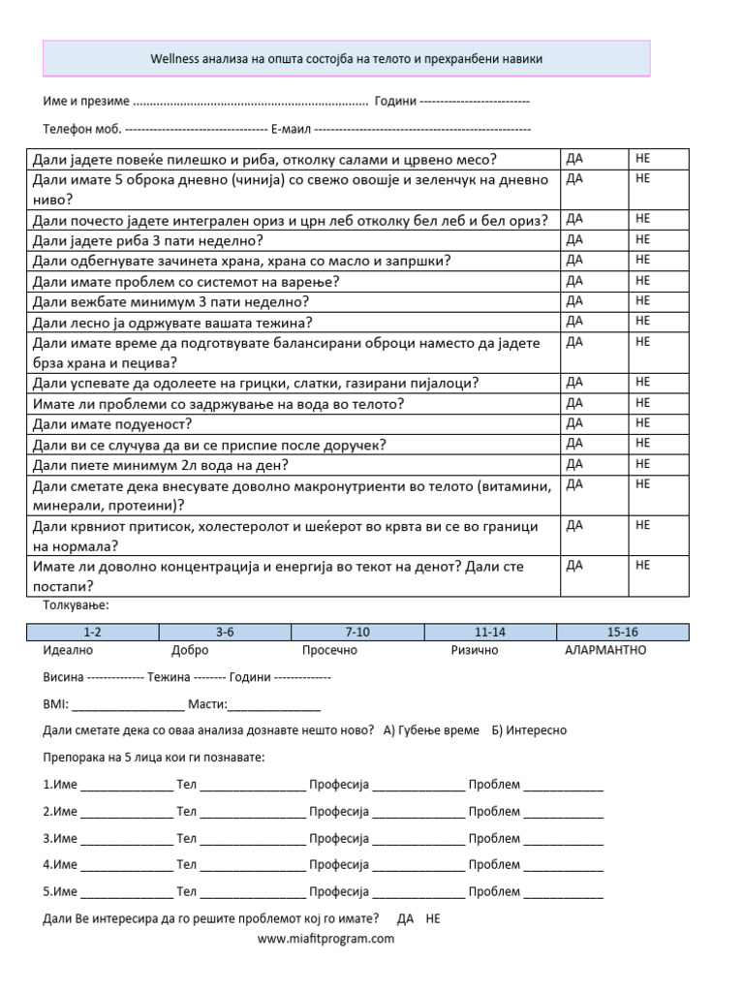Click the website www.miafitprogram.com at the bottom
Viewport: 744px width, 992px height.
tap(325, 938)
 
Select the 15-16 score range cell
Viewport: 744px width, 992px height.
tap(622, 632)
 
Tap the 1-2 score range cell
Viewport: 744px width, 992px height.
tap(93, 632)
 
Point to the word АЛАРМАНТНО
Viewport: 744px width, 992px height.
tap(605, 650)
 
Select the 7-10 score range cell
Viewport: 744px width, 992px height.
tap(357, 632)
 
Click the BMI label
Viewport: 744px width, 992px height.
tap(56, 703)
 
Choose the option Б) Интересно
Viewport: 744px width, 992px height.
tap(529, 730)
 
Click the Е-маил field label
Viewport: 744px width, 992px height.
tap(291, 129)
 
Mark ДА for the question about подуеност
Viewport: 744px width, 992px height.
tap(573, 423)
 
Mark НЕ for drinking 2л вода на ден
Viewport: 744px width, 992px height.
tap(642, 464)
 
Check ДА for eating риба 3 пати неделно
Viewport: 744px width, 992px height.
tap(573, 239)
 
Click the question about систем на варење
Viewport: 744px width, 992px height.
tap(186, 281)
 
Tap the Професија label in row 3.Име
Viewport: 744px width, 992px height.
tap(339, 838)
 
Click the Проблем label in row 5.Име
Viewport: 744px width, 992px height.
tap(494, 891)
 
